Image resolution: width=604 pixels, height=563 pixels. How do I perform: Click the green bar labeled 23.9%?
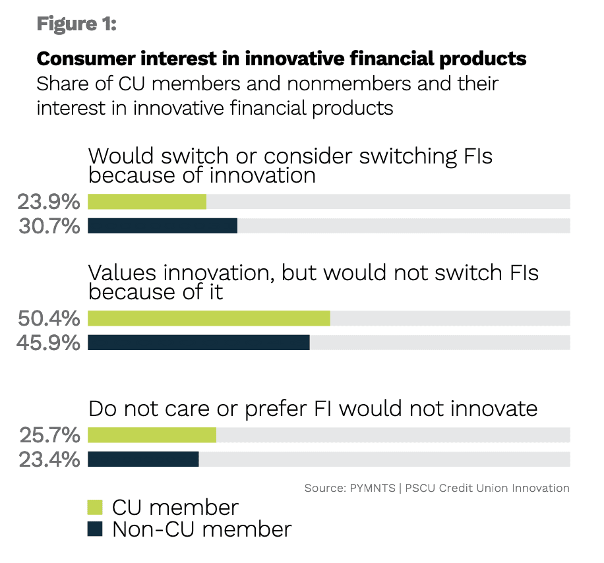tap(147, 202)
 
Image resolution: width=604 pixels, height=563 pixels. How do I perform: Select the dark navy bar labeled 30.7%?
tap(162, 226)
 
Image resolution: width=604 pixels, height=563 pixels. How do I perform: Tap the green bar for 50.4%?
tap(208, 318)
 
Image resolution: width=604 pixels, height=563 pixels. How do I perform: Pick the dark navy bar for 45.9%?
tap(198, 343)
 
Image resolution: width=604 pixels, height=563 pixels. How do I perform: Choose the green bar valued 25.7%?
tap(152, 435)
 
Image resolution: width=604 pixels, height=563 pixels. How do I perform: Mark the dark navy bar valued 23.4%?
tap(143, 459)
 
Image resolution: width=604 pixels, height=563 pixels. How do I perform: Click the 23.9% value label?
tap(48, 202)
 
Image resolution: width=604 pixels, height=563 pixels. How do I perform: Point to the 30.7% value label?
tap(48, 226)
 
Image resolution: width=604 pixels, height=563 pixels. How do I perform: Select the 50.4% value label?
tap(48, 318)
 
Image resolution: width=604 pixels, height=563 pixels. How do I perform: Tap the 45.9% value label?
tap(48, 343)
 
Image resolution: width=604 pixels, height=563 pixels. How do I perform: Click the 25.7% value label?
tap(48, 435)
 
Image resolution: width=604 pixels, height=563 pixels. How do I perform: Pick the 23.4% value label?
tap(48, 459)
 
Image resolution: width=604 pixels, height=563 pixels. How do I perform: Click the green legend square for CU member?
tap(96, 507)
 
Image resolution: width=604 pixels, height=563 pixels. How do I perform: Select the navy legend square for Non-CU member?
tap(96, 529)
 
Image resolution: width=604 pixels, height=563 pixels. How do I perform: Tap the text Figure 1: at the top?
tap(76, 24)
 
